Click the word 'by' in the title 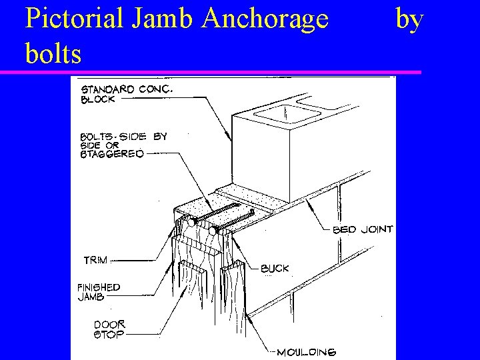click(409, 20)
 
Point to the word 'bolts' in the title click(53, 53)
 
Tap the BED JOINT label click(363, 229)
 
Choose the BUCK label click(274, 269)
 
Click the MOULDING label click(307, 351)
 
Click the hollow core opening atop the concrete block click(283, 114)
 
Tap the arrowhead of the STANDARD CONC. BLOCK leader click(231, 141)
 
